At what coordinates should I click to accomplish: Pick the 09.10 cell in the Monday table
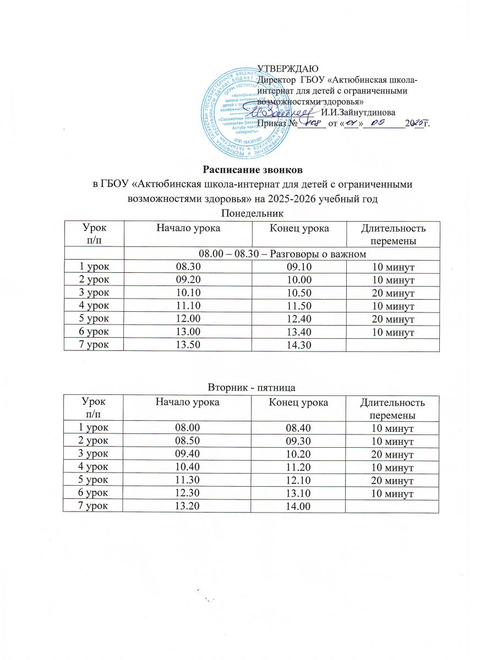click(298, 267)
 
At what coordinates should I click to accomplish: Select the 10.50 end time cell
click(298, 293)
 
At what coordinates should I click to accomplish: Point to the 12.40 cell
click(298, 320)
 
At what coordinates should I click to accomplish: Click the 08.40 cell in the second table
click(298, 427)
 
